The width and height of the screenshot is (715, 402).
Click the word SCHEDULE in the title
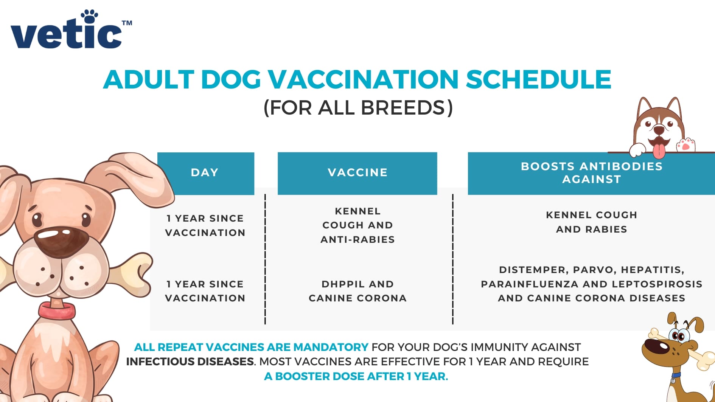pos(538,80)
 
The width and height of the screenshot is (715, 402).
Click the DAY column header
pos(205,173)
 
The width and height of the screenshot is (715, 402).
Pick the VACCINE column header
pos(357,173)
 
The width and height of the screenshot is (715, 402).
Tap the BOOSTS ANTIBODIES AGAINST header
pos(591,173)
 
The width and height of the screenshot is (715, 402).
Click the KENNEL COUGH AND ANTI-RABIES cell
pos(357,225)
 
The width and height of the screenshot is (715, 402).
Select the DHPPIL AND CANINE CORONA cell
pos(357,291)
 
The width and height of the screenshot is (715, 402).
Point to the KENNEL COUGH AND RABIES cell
pos(591,222)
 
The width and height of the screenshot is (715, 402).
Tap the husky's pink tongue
pos(659,151)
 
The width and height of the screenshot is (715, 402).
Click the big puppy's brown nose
pos(61,241)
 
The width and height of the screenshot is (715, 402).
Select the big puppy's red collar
pos(57,311)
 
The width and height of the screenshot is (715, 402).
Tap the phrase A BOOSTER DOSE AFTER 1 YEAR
pos(356,377)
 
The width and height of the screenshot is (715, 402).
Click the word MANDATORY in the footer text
pos(330,347)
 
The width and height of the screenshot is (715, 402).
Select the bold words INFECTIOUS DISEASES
pos(190,362)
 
